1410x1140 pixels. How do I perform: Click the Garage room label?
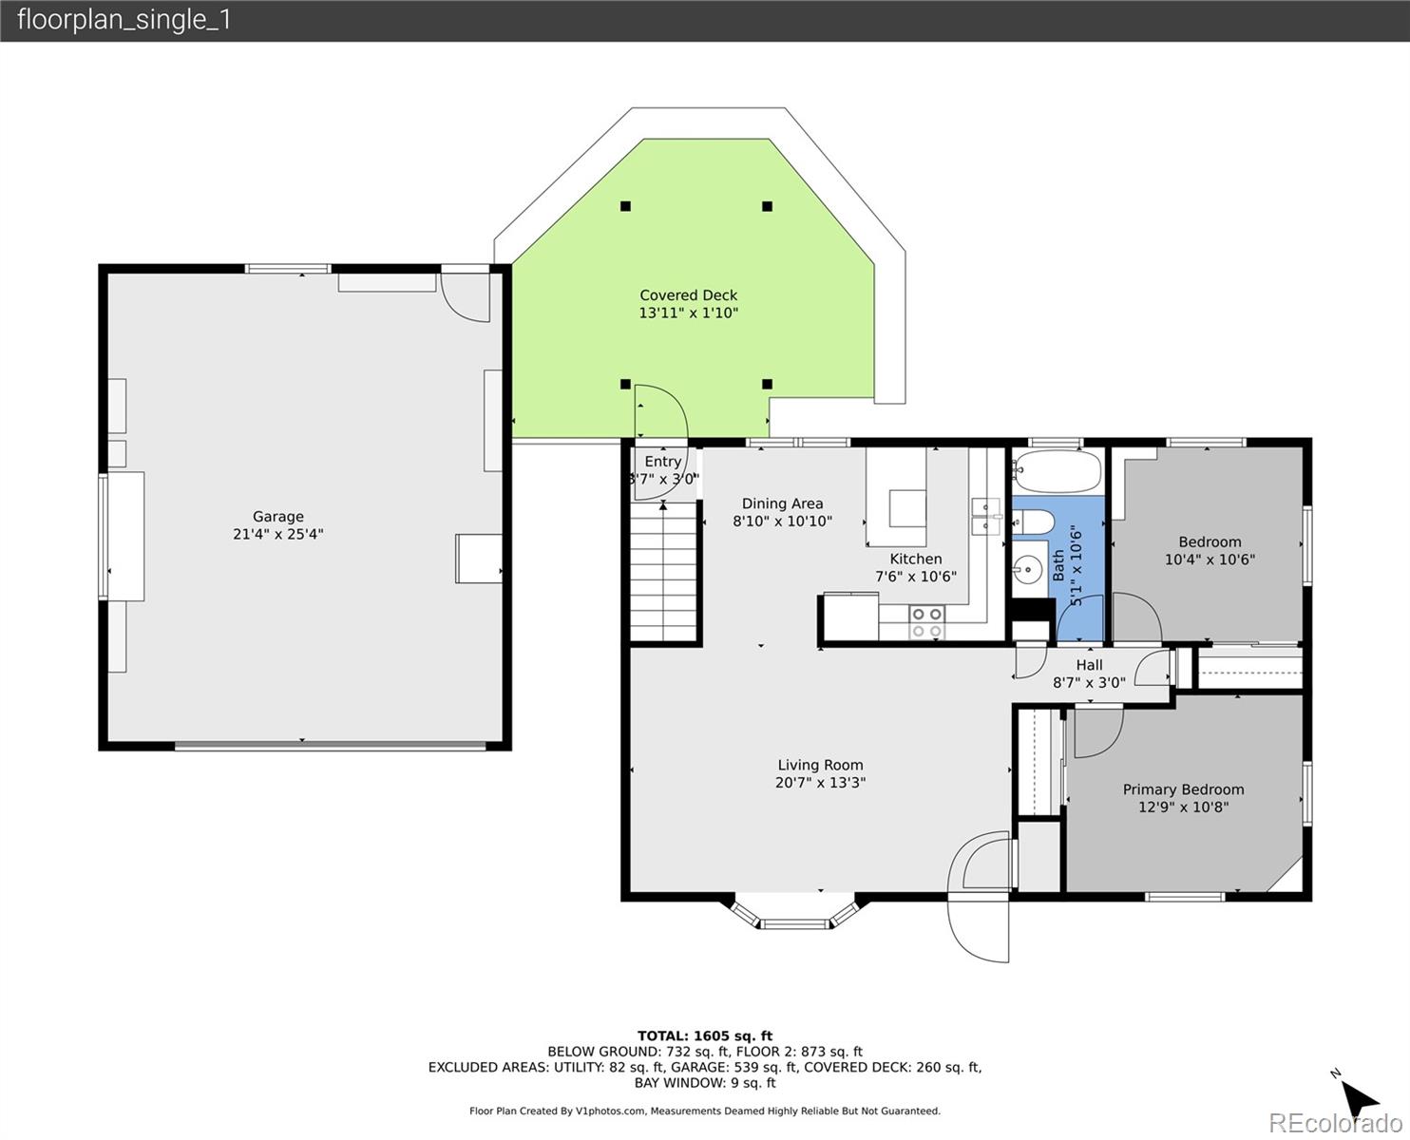click(277, 517)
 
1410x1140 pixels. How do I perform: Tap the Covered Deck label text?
click(688, 295)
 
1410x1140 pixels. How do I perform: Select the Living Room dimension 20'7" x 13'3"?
click(820, 783)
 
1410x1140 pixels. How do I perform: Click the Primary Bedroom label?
click(1183, 789)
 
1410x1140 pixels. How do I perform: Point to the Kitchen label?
click(916, 559)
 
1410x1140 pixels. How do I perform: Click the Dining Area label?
click(782, 503)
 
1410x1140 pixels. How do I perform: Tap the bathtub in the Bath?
click(1057, 470)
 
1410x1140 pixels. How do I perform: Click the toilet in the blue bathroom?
click(1032, 522)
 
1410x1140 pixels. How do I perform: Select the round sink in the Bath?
click(1029, 572)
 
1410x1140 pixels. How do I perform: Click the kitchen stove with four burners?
click(926, 622)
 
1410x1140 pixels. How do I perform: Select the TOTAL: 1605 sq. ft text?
click(704, 1035)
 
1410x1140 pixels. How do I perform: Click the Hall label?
click(1089, 665)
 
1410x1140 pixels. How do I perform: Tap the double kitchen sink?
click(985, 515)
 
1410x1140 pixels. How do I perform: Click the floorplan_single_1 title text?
click(124, 20)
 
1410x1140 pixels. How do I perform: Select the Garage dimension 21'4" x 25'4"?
click(277, 534)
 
